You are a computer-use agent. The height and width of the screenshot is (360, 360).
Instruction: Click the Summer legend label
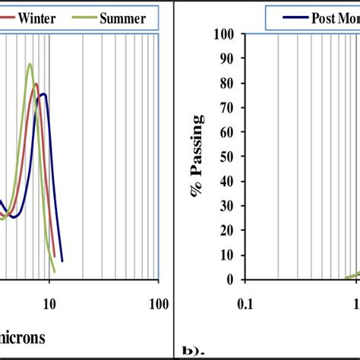[122, 18]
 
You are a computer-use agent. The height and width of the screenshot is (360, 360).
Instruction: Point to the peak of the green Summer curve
[30, 64]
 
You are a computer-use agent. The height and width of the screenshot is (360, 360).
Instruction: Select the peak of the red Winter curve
[36, 84]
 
